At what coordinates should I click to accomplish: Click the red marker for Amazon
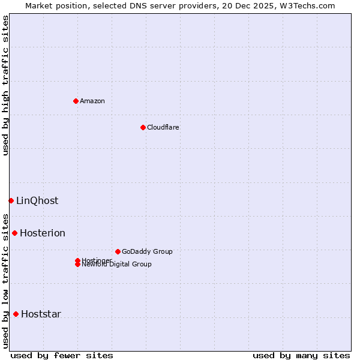click(76, 101)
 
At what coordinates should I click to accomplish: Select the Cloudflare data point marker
click(143, 127)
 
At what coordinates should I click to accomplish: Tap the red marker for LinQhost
click(11, 200)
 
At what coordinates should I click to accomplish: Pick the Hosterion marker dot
click(14, 233)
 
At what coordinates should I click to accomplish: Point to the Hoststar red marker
click(16, 314)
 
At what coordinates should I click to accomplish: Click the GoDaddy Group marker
click(118, 251)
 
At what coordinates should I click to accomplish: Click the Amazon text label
click(92, 101)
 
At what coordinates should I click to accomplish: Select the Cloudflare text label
click(163, 127)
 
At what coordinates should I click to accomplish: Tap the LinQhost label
click(37, 201)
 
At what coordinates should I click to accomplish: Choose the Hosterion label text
click(43, 233)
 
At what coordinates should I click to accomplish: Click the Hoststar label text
click(41, 314)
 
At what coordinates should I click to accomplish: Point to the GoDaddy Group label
click(147, 251)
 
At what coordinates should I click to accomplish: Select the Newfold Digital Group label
click(116, 265)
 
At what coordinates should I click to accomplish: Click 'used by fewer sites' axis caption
click(61, 355)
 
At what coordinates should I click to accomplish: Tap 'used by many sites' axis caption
click(301, 355)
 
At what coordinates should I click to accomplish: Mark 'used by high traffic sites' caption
click(6, 85)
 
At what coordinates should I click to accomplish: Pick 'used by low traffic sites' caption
click(6, 281)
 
